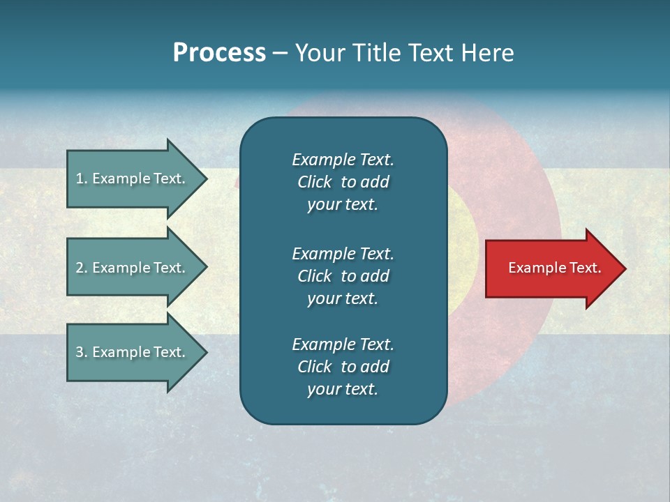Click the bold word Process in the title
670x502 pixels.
[219, 53]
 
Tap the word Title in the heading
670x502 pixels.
[376, 53]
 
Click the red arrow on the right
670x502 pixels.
[551, 268]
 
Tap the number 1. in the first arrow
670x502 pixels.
[82, 178]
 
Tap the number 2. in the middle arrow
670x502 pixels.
[82, 268]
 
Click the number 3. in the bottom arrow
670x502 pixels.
[82, 352]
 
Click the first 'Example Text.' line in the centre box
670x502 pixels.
[343, 160]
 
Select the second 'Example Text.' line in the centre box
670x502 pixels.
[343, 253]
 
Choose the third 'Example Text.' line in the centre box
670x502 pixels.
[343, 344]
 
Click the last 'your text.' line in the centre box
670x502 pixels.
[343, 389]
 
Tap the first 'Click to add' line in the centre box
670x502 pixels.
[343, 182]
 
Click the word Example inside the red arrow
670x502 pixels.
[533, 268]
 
